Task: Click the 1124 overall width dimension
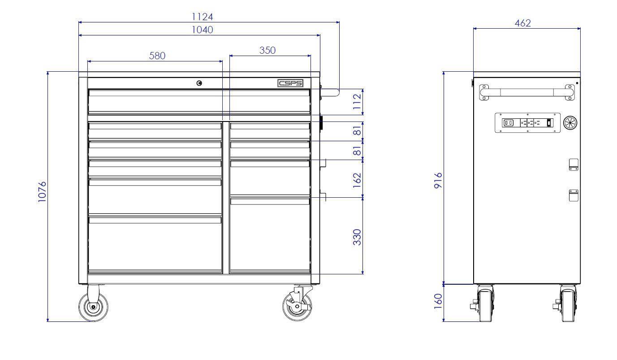click(x=202, y=17)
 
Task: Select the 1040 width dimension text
click(x=202, y=30)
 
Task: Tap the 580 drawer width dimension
click(x=157, y=56)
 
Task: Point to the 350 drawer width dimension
click(x=267, y=50)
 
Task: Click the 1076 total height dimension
click(x=42, y=192)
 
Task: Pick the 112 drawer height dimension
click(x=357, y=102)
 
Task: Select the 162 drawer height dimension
click(x=357, y=180)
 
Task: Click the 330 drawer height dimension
click(x=357, y=237)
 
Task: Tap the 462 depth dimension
click(x=522, y=23)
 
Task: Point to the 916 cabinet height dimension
click(x=438, y=181)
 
